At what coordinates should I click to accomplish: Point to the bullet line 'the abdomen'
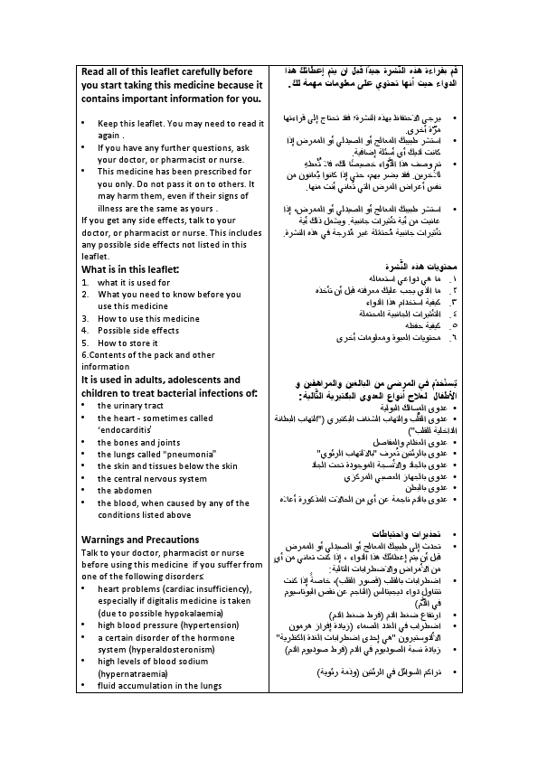126,491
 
